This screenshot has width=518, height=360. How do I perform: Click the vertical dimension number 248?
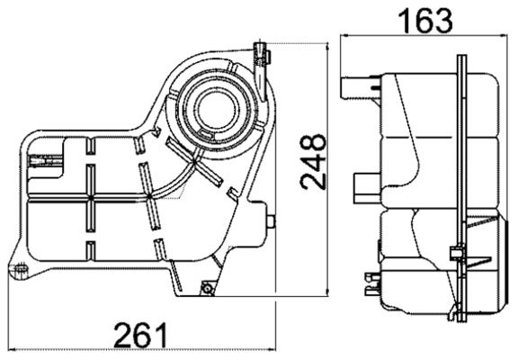(311, 163)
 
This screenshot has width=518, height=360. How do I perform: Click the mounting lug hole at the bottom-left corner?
(15, 269)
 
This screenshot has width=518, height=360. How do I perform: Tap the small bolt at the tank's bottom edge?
(208, 288)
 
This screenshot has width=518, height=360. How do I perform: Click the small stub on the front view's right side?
(271, 219)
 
